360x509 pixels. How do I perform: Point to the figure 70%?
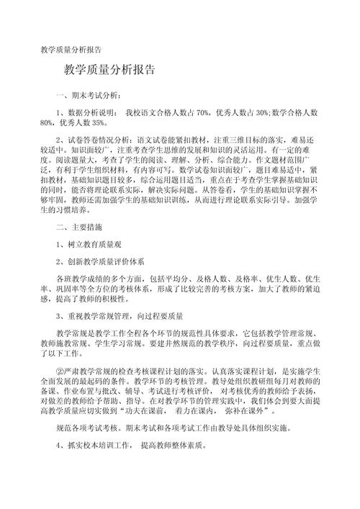202,113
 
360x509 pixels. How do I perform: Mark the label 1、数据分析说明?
85,113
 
